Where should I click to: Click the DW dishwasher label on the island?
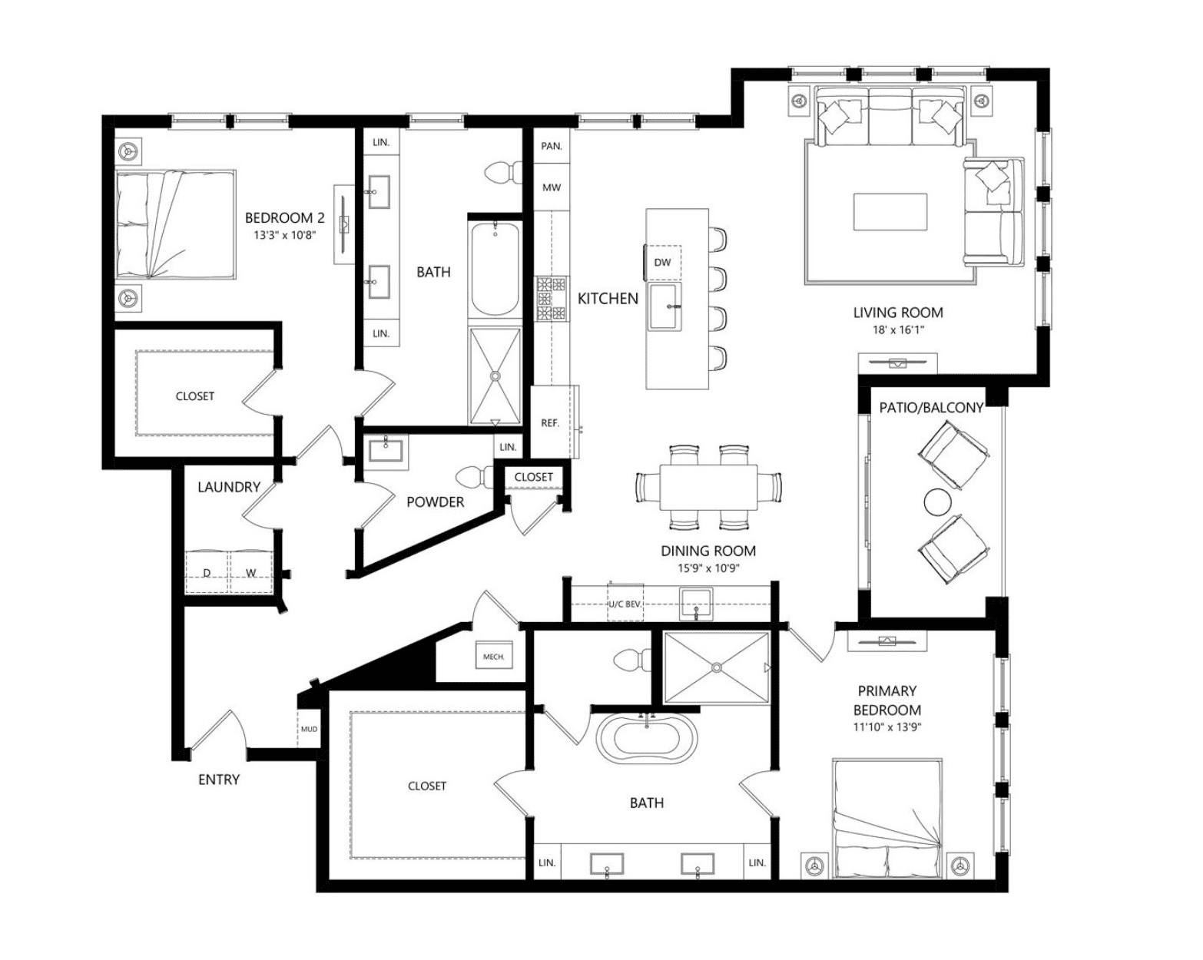click(662, 262)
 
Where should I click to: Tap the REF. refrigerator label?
click(550, 423)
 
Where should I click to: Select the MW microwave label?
click(552, 187)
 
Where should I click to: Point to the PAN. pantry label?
click(552, 147)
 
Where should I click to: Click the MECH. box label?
click(494, 657)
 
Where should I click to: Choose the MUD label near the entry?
click(309, 729)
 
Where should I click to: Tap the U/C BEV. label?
click(625, 604)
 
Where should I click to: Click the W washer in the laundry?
click(251, 572)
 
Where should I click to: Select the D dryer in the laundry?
click(207, 572)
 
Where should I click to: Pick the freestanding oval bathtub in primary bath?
click(648, 740)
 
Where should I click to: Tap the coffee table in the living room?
click(890, 212)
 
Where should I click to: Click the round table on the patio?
click(937, 502)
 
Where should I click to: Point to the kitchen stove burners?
click(552, 299)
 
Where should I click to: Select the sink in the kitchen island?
click(664, 306)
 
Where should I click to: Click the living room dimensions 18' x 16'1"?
click(898, 330)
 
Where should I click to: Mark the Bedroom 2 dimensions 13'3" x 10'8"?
click(284, 235)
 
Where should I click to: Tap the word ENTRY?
click(219, 780)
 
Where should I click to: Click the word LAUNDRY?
click(229, 487)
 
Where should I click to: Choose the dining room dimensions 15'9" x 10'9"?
click(708, 568)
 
